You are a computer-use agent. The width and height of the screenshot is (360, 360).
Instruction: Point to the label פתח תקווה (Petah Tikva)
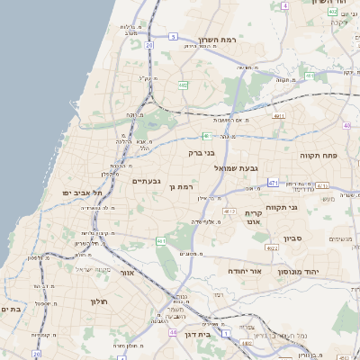(318, 155)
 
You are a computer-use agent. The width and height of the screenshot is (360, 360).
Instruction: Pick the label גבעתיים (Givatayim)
(146, 181)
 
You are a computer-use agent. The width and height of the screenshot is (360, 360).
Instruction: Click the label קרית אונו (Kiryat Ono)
(253, 218)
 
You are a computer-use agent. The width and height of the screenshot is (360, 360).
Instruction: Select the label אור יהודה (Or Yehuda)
(242, 270)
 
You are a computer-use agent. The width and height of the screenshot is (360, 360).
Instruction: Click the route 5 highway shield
(148, 43)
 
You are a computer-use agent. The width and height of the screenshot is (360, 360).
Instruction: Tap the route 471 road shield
(273, 183)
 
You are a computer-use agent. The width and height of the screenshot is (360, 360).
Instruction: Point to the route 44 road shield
(171, 331)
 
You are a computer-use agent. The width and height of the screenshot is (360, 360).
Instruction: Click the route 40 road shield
(347, 127)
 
